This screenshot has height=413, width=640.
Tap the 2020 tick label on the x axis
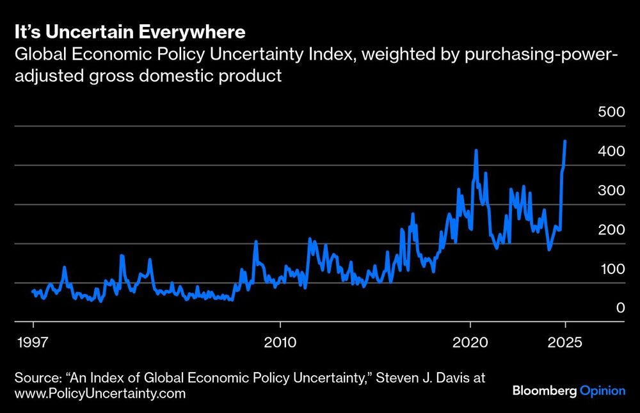pos(470,342)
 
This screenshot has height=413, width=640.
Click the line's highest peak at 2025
pos(564,141)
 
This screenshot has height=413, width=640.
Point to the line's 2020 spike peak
pos(476,151)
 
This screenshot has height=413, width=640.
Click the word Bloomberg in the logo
pos(544,391)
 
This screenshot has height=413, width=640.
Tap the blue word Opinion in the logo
pos(602,391)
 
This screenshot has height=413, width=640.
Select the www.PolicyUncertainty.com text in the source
pos(100,393)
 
